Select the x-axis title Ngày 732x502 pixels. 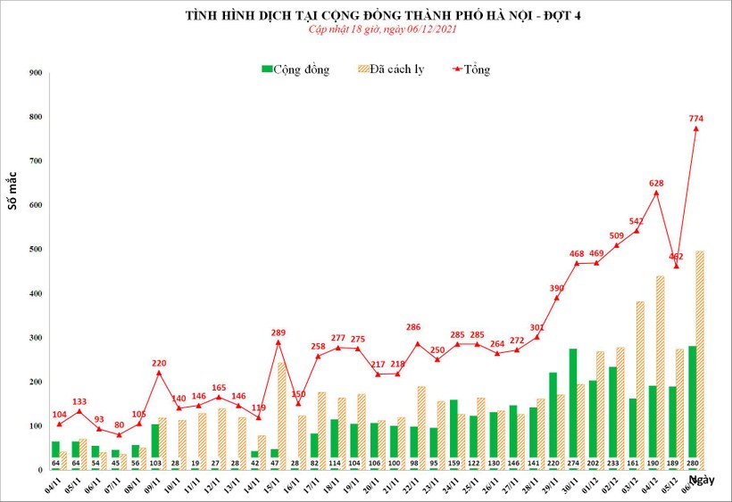(703, 481)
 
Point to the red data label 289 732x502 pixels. (278, 333)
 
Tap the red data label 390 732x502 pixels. (556, 288)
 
